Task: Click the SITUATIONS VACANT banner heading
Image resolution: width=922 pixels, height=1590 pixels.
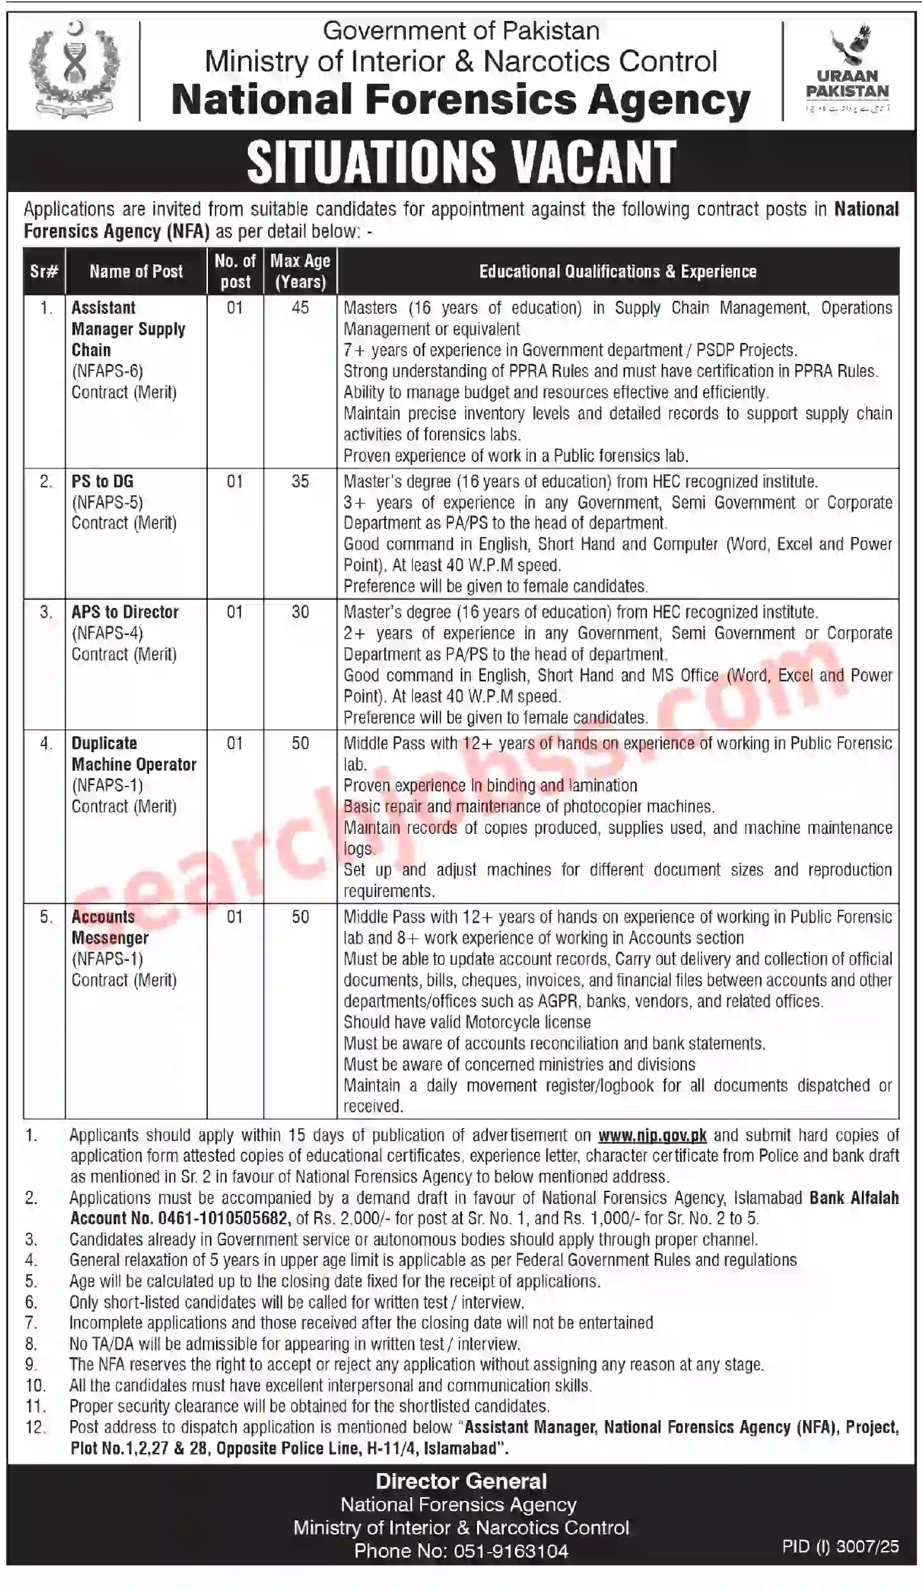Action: coord(461,162)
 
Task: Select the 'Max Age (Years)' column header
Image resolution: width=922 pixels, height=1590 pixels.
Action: coord(300,271)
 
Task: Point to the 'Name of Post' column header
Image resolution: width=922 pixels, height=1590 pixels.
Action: coord(136,272)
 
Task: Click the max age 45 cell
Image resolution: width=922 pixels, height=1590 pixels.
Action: coord(300,308)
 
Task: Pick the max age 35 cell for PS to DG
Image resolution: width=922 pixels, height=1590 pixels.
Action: coord(300,481)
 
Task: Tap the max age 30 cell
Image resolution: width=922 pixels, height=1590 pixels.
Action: coord(300,612)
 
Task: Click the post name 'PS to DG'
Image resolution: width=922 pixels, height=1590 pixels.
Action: coord(102,481)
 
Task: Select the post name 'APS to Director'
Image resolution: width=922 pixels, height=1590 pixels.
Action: coord(125,612)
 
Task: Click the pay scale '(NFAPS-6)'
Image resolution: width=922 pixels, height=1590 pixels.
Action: coord(107,371)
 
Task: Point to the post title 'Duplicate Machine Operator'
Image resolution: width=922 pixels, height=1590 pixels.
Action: coord(133,754)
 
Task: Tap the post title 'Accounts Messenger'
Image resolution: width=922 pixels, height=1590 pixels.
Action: coord(110,927)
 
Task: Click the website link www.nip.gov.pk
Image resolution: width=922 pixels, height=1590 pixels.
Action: coord(652,1135)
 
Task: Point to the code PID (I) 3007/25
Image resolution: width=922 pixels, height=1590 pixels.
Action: coord(840,1546)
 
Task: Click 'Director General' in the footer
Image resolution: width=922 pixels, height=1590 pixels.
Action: coord(461,1481)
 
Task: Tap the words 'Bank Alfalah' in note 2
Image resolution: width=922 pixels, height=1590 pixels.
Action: coord(854,1198)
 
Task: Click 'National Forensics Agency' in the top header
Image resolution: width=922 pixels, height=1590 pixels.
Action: coord(461,100)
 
